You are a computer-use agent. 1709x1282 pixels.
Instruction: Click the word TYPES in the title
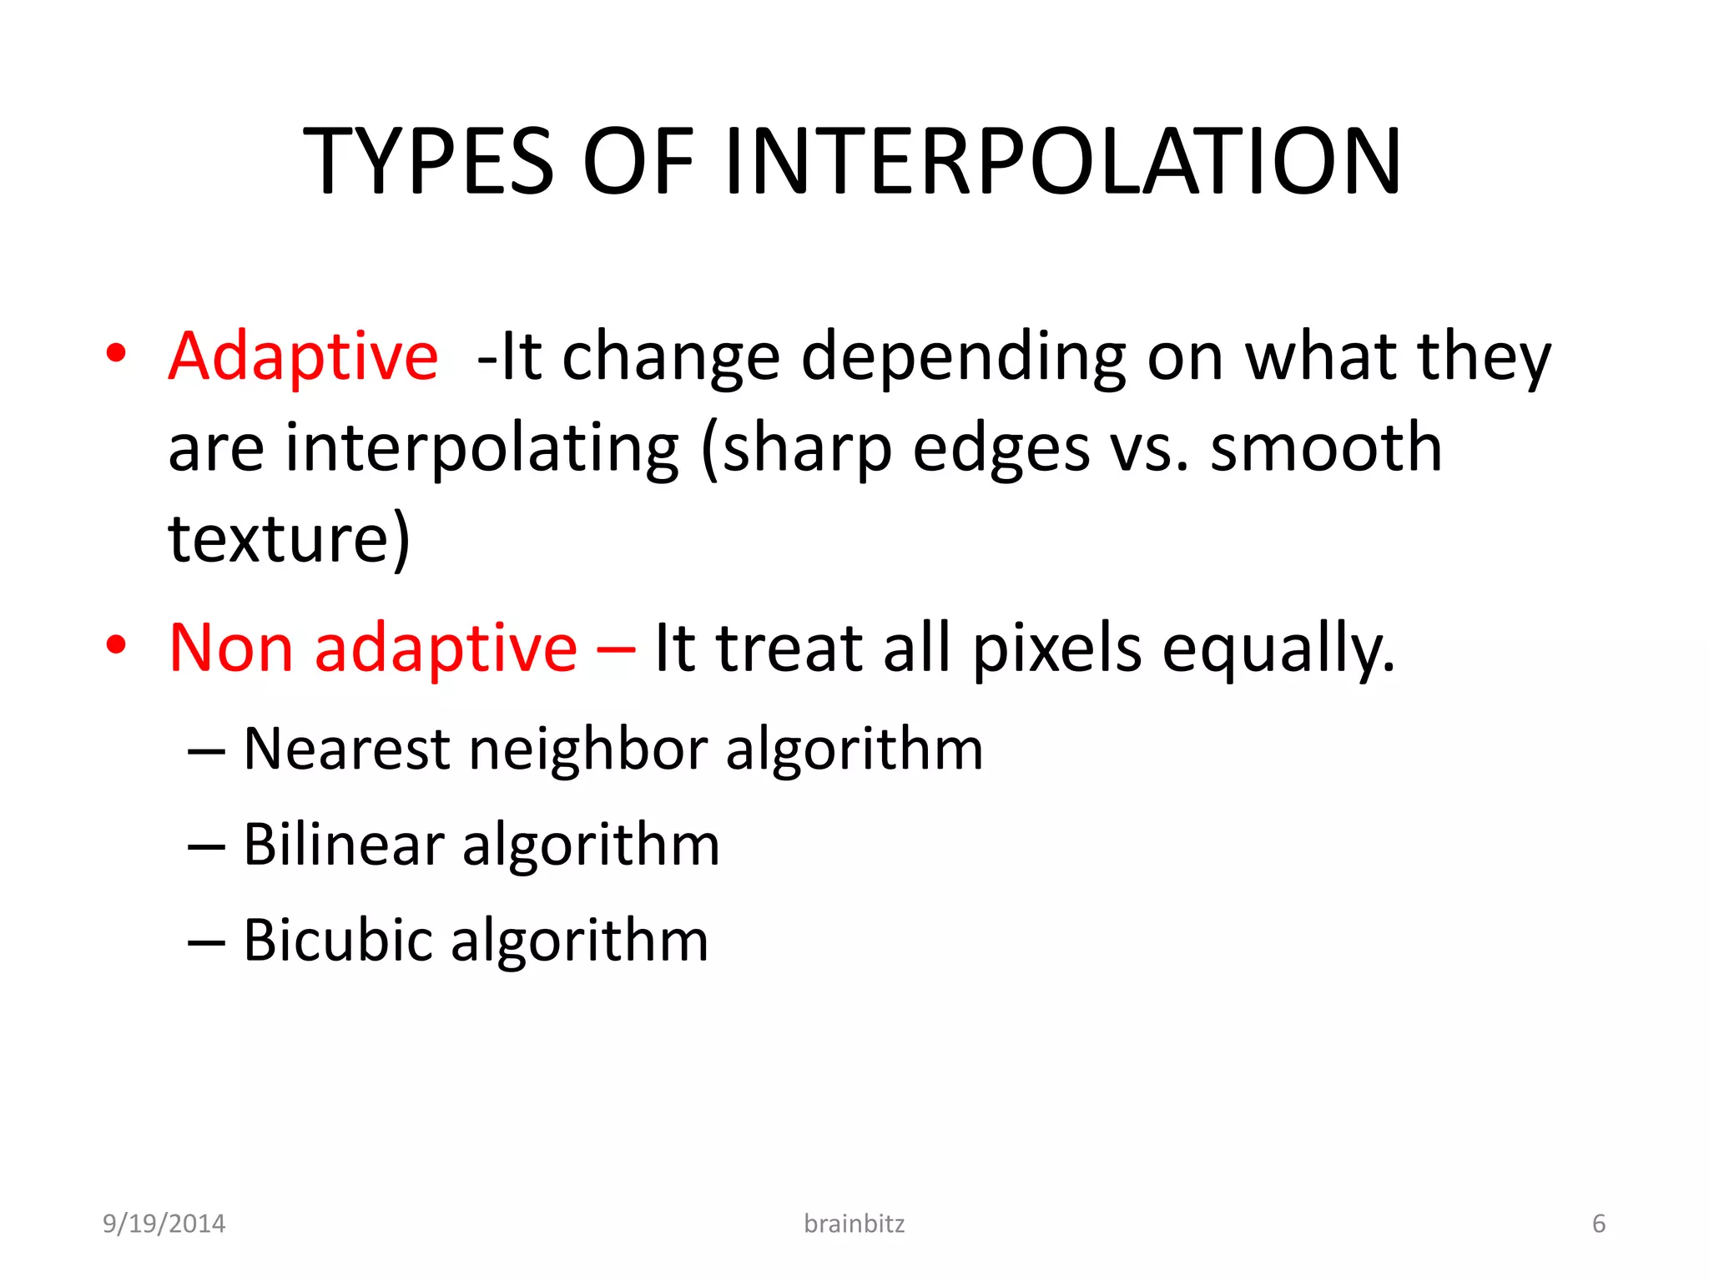coord(428,161)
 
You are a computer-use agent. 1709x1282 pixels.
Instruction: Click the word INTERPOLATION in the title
coord(1063,161)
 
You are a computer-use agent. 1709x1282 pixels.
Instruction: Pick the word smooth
coord(1326,448)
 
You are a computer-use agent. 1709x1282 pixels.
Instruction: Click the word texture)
coord(289,538)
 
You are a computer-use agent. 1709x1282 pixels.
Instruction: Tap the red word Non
coord(231,648)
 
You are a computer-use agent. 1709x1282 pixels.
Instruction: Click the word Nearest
coord(346,749)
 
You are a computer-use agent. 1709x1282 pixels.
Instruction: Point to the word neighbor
coord(587,749)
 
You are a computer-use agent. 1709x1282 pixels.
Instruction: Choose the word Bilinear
coord(343,845)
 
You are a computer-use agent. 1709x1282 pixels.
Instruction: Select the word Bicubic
coord(337,941)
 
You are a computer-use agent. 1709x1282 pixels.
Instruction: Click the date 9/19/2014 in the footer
coord(164,1224)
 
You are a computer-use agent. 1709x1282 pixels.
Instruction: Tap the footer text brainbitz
coord(854,1224)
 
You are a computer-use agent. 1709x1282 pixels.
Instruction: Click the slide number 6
coord(1598,1224)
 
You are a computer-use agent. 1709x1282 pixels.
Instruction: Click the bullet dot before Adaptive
coord(116,353)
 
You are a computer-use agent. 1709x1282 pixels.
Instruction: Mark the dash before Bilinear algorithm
coord(206,847)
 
